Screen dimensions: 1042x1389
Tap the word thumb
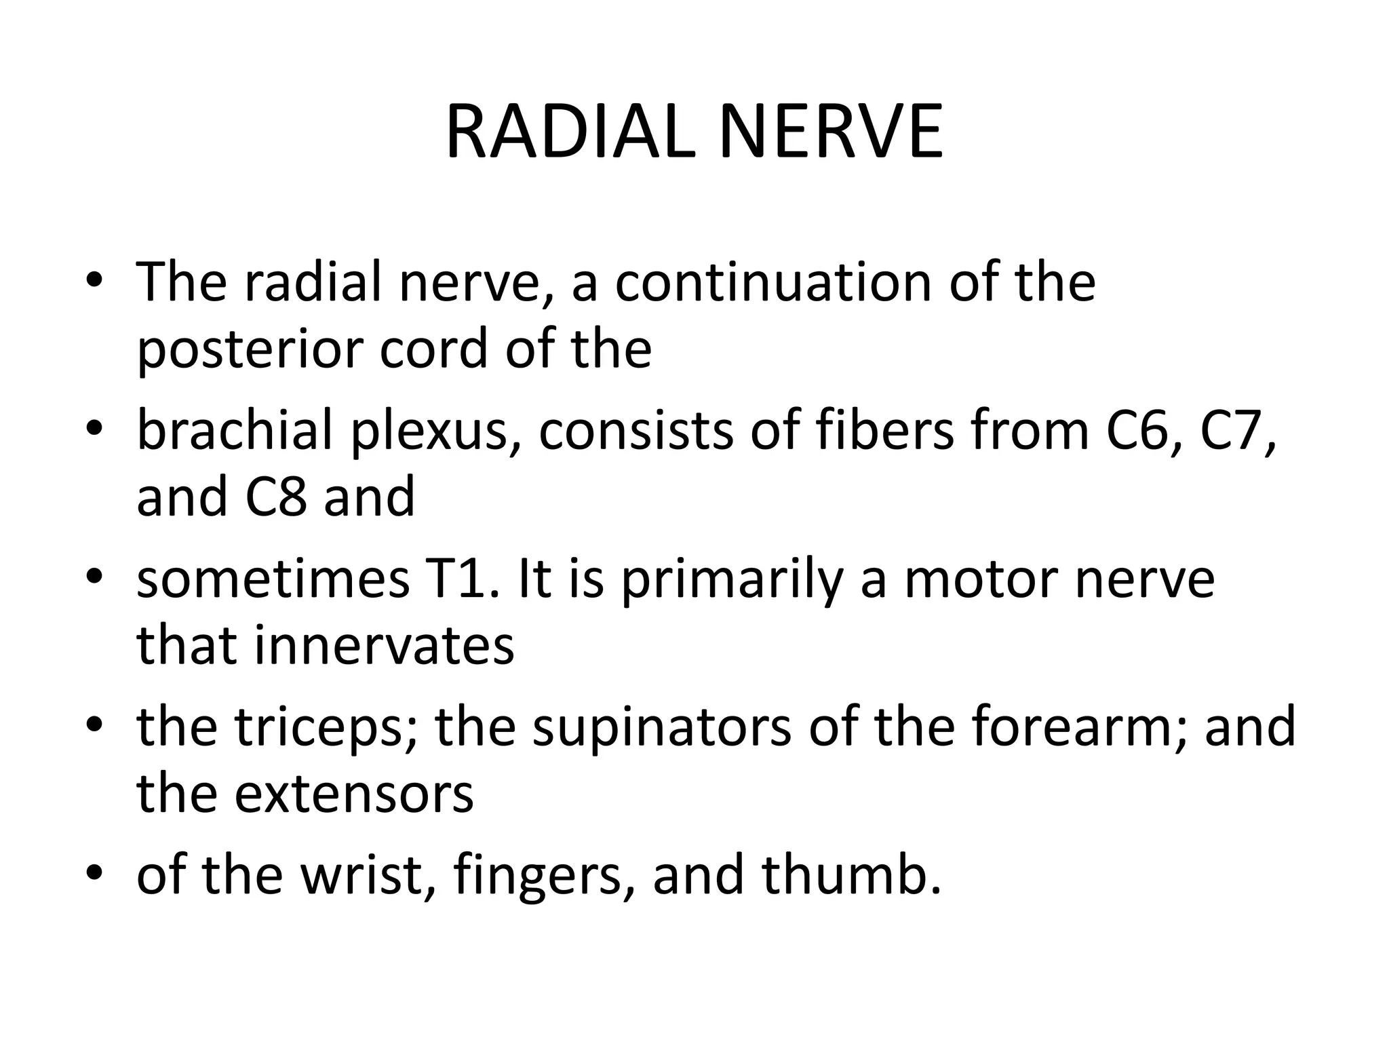850,875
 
